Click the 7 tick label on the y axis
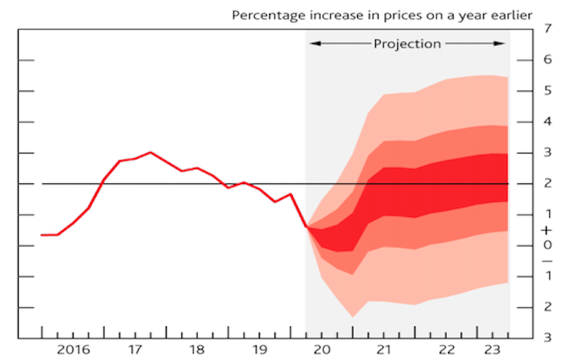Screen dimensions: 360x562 pyautogui.click(x=548, y=30)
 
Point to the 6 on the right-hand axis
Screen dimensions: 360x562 pyautogui.click(x=548, y=60)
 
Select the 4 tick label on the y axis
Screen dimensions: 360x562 pyautogui.click(x=548, y=122)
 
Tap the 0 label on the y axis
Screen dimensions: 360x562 pyautogui.click(x=548, y=245)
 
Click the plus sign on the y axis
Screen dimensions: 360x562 pyautogui.click(x=548, y=230)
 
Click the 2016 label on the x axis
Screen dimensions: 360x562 pyautogui.click(x=73, y=350)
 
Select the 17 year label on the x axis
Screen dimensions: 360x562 pyautogui.click(x=135, y=350)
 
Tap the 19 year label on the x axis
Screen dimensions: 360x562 pyautogui.click(x=259, y=350)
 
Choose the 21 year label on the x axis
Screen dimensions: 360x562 pyautogui.click(x=383, y=350)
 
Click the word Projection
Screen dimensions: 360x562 pyautogui.click(x=407, y=44)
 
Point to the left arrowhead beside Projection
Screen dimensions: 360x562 pyautogui.click(x=314, y=44)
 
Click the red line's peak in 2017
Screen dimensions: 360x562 pyautogui.click(x=150, y=152)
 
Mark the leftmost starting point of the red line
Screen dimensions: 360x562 pyautogui.click(x=42, y=235)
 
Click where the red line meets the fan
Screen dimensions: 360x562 pyautogui.click(x=306, y=226)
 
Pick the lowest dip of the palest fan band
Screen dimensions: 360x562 pyautogui.click(x=352, y=317)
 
